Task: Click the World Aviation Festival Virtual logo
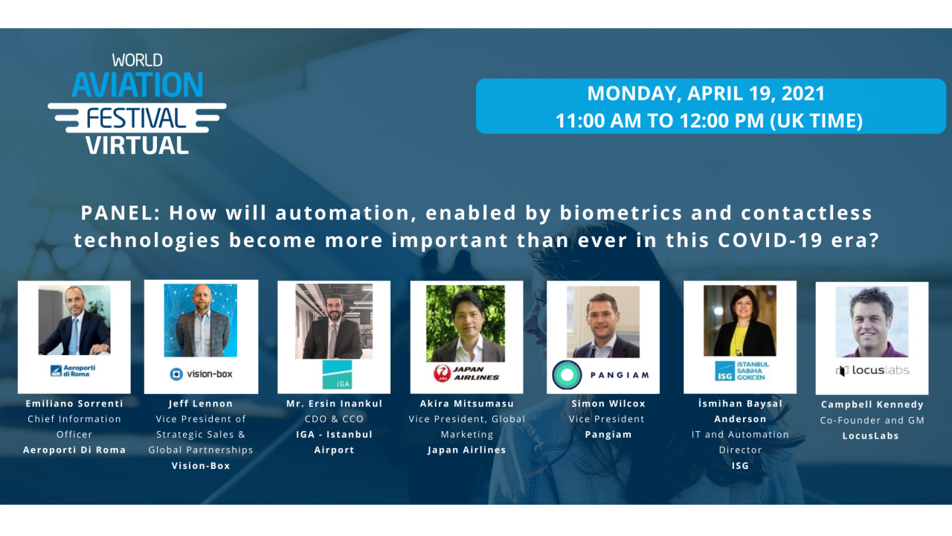[x=138, y=104]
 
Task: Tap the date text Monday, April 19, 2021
[x=706, y=94]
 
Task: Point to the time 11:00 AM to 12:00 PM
[x=709, y=121]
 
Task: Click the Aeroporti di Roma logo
[x=73, y=371]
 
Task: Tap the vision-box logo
[x=201, y=374]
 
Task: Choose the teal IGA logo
[x=336, y=374]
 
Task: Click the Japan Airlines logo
[x=466, y=373]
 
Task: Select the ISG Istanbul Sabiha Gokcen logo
[x=741, y=371]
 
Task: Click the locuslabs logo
[x=872, y=370]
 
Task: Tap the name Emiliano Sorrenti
[x=74, y=403]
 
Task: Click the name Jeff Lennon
[x=201, y=403]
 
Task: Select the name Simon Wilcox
[x=608, y=403]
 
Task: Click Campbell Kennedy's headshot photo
[x=872, y=322]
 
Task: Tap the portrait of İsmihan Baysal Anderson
[x=740, y=321]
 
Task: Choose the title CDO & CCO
[x=334, y=419]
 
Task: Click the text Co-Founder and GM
[x=872, y=420]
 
